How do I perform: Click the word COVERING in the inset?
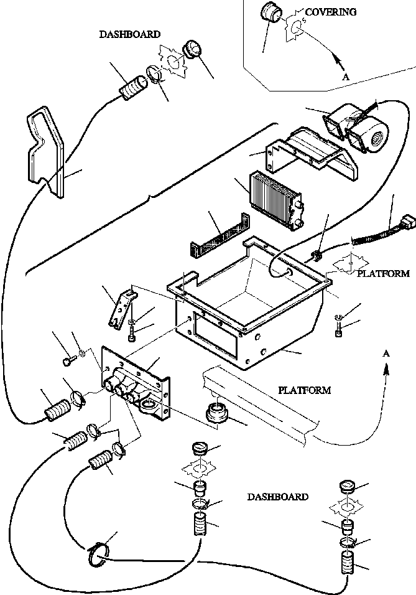click(x=331, y=12)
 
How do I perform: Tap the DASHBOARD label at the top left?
click(x=129, y=35)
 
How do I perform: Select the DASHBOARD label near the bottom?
click(x=277, y=497)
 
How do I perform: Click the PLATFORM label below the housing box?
click(x=304, y=391)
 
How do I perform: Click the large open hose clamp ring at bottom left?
click(x=96, y=553)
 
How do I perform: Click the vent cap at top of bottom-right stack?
click(x=346, y=486)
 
